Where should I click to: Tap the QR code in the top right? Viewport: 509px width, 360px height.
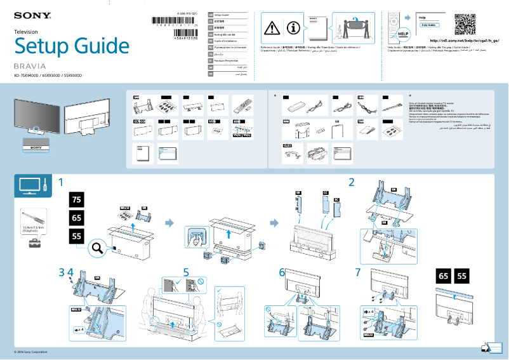point(465,24)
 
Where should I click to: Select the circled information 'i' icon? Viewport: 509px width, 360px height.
point(293,27)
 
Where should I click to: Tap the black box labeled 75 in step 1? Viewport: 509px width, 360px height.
point(76,200)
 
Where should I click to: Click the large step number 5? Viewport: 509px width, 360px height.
point(186,272)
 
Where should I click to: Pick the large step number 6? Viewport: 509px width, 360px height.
point(282,272)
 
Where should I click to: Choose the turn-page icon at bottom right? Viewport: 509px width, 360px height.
point(486,348)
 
